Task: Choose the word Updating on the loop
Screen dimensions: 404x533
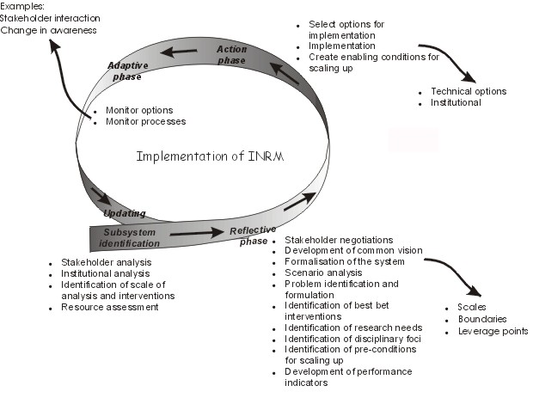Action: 125,213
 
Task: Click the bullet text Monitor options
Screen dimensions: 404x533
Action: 138,110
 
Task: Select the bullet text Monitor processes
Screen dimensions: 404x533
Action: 144,121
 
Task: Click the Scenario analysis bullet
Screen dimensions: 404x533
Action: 320,272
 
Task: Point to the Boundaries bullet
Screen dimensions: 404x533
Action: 487,318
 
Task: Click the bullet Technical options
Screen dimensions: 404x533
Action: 468,91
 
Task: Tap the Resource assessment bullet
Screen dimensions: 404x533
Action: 109,307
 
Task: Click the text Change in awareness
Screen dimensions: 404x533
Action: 48,30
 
